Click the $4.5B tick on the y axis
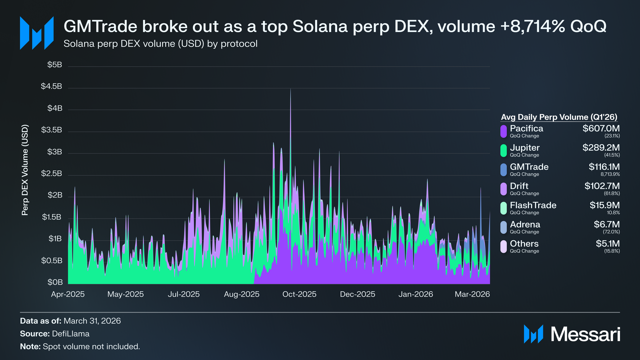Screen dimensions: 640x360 click(x=51, y=86)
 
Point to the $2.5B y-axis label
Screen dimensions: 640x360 click(x=51, y=173)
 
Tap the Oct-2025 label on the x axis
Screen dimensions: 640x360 click(x=299, y=294)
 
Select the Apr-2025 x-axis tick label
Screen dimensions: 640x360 click(x=68, y=294)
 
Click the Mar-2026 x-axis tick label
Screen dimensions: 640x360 click(x=472, y=294)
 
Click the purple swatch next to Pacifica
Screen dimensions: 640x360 click(x=504, y=131)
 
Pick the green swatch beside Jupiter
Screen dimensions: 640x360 click(x=504, y=151)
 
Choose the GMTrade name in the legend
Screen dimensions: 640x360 click(x=529, y=167)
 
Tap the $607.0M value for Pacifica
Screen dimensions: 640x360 click(x=601, y=128)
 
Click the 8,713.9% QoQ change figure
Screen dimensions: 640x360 click(x=610, y=174)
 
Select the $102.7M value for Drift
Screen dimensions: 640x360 click(x=602, y=186)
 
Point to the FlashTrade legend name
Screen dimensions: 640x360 click(x=533, y=205)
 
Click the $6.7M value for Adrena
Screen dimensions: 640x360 click(x=607, y=224)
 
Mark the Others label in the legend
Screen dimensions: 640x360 click(x=524, y=243)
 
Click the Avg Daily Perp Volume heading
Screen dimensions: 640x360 click(x=559, y=117)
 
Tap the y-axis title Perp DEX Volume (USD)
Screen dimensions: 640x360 click(x=25, y=170)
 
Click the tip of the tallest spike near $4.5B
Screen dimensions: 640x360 click(x=290, y=88)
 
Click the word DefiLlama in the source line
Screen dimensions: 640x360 click(x=71, y=334)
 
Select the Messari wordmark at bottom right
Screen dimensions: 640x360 click(x=585, y=334)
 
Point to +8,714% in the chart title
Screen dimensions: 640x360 click(x=532, y=26)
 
